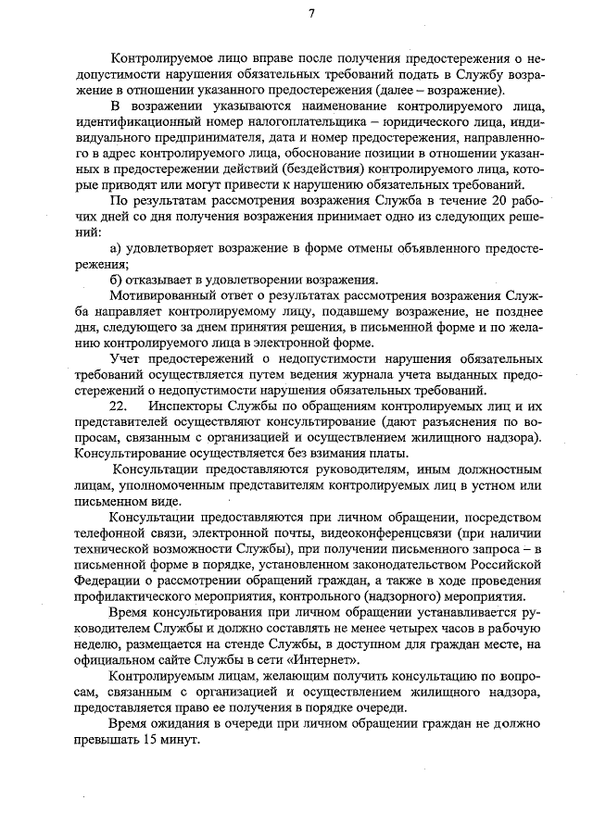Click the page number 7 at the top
point(312,13)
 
